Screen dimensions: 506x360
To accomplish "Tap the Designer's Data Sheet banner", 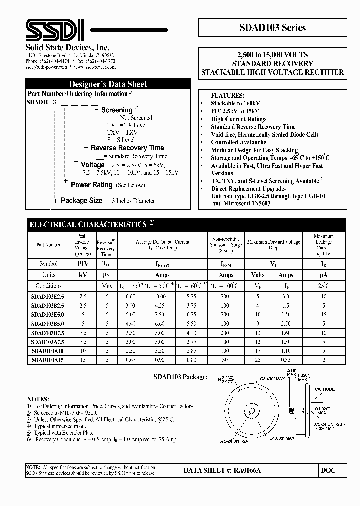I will (108, 84).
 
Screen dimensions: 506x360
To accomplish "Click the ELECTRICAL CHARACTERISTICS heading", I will (88, 225).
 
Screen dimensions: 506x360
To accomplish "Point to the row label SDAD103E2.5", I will (47, 296).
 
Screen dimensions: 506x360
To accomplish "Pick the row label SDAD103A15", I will (47, 359).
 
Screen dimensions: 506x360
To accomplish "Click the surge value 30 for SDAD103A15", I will (225, 359).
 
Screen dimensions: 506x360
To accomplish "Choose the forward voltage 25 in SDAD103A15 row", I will (258, 359).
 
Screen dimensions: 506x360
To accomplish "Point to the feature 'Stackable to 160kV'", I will (235, 103).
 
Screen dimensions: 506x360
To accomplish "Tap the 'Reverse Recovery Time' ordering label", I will (127, 148).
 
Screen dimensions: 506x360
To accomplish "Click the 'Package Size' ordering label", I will (81, 200).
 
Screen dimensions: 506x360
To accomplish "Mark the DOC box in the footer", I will (328, 470).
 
